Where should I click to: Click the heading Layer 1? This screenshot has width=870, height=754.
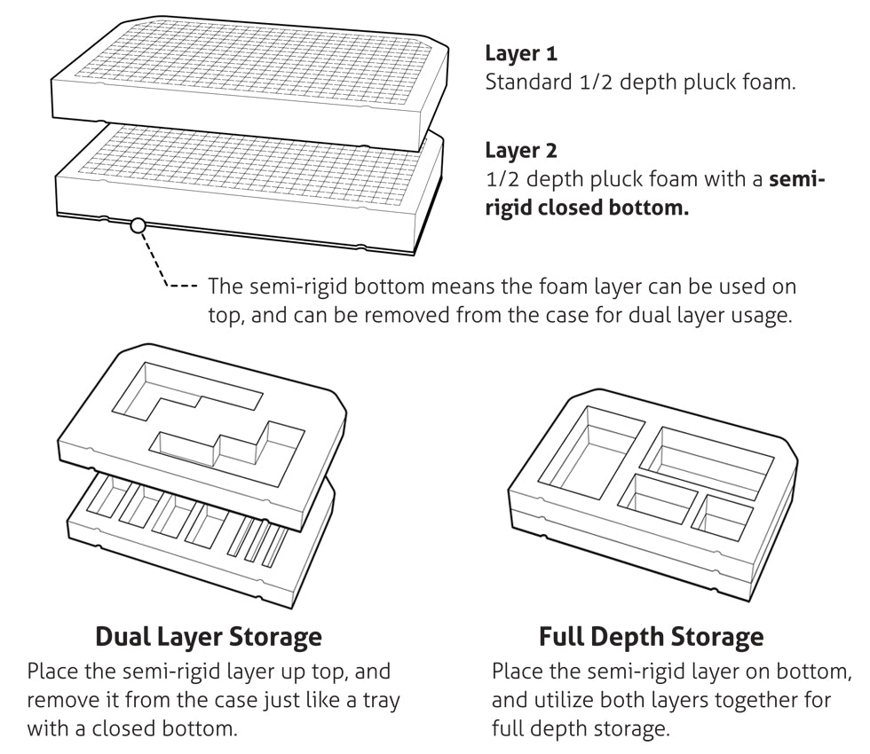click(x=521, y=53)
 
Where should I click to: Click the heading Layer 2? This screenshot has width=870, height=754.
click(x=521, y=150)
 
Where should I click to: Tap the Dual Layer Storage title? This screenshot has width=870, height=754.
click(x=208, y=636)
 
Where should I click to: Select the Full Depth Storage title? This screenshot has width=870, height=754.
click(x=651, y=636)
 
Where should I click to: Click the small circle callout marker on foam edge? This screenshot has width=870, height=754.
click(x=137, y=225)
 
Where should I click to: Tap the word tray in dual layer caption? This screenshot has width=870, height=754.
click(x=380, y=700)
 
